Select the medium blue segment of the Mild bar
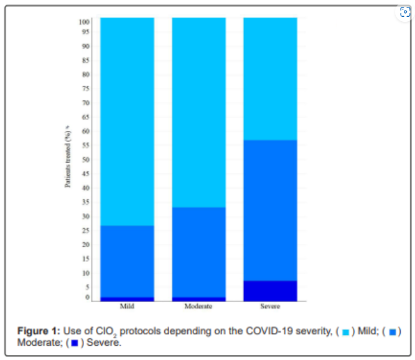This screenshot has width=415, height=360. tap(127, 261)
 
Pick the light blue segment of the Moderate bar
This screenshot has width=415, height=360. tap(198, 112)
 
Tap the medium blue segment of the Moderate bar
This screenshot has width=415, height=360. tap(198, 252)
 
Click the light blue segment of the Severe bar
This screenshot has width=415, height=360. tap(270, 78)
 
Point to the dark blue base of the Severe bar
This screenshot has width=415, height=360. tap(270, 291)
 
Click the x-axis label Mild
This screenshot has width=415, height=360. tap(127, 306)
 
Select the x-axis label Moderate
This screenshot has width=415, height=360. tap(198, 306)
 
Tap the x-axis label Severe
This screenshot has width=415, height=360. tap(270, 306)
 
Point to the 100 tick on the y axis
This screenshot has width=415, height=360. tap(84, 22)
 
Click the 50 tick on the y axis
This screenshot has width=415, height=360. tap(85, 159)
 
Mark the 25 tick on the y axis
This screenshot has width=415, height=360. tap(85, 230)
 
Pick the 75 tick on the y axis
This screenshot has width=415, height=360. tap(85, 89)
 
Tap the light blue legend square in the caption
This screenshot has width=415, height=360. tap(345, 331)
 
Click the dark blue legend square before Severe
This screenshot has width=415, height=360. tap(74, 343)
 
